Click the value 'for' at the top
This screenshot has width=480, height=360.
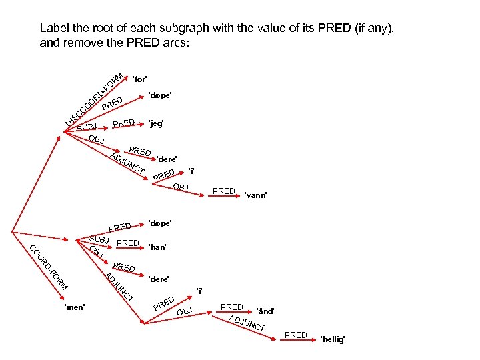pyautogui.click(x=140, y=79)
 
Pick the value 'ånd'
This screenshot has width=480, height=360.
pyautogui.click(x=265, y=311)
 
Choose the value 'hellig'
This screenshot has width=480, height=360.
pyautogui.click(x=333, y=339)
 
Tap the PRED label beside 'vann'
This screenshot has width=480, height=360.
pyautogui.click(x=223, y=191)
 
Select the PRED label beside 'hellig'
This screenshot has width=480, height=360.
pyautogui.click(x=295, y=335)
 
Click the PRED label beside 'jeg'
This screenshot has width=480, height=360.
pyautogui.click(x=124, y=123)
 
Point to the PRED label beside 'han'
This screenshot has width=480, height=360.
pyautogui.click(x=127, y=243)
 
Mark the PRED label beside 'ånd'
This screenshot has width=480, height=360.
pyautogui.click(x=231, y=307)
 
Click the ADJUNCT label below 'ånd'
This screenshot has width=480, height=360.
pyautogui.click(x=247, y=323)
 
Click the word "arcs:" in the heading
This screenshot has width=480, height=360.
pyautogui.click(x=176, y=43)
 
